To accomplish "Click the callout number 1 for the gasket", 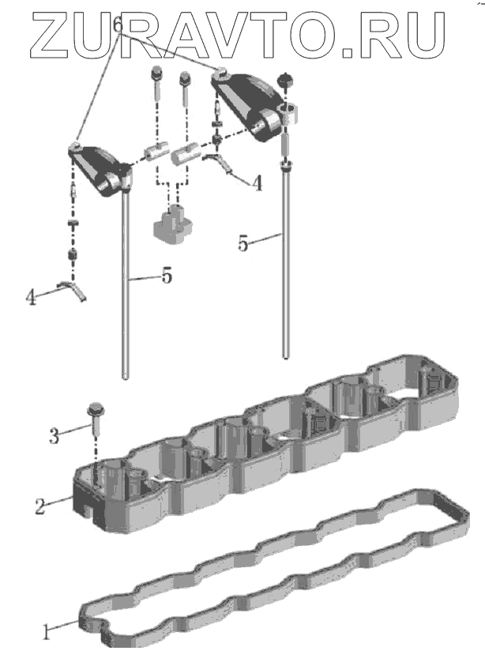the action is click(x=47, y=630).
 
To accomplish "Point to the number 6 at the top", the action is click(x=118, y=26).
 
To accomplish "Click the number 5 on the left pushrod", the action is click(x=167, y=278).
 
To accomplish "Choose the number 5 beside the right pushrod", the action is click(x=244, y=244).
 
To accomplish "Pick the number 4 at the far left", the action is click(x=31, y=297).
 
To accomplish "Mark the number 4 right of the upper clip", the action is click(x=257, y=182).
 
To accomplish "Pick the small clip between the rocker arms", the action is click(x=219, y=163).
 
